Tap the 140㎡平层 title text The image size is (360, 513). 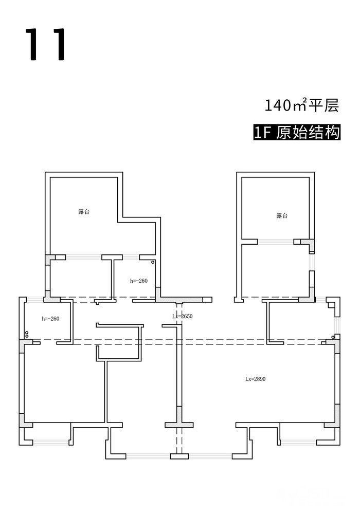click(x=302, y=106)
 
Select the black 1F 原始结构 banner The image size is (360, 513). click(x=297, y=132)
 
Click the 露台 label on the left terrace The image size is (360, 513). click(x=84, y=211)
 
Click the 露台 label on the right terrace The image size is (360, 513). click(x=281, y=216)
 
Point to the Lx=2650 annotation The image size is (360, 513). click(x=183, y=316)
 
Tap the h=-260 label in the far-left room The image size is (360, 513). click(x=50, y=319)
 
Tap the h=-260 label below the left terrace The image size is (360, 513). click(x=139, y=281)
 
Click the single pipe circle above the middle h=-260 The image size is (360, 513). click(x=153, y=262)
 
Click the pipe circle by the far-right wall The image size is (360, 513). click(x=333, y=337)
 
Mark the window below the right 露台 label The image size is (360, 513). click(x=275, y=242)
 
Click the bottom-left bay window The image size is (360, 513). click(x=50, y=442)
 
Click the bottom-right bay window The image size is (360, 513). click(x=298, y=442)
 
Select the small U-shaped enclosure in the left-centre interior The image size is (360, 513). click(x=119, y=342)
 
